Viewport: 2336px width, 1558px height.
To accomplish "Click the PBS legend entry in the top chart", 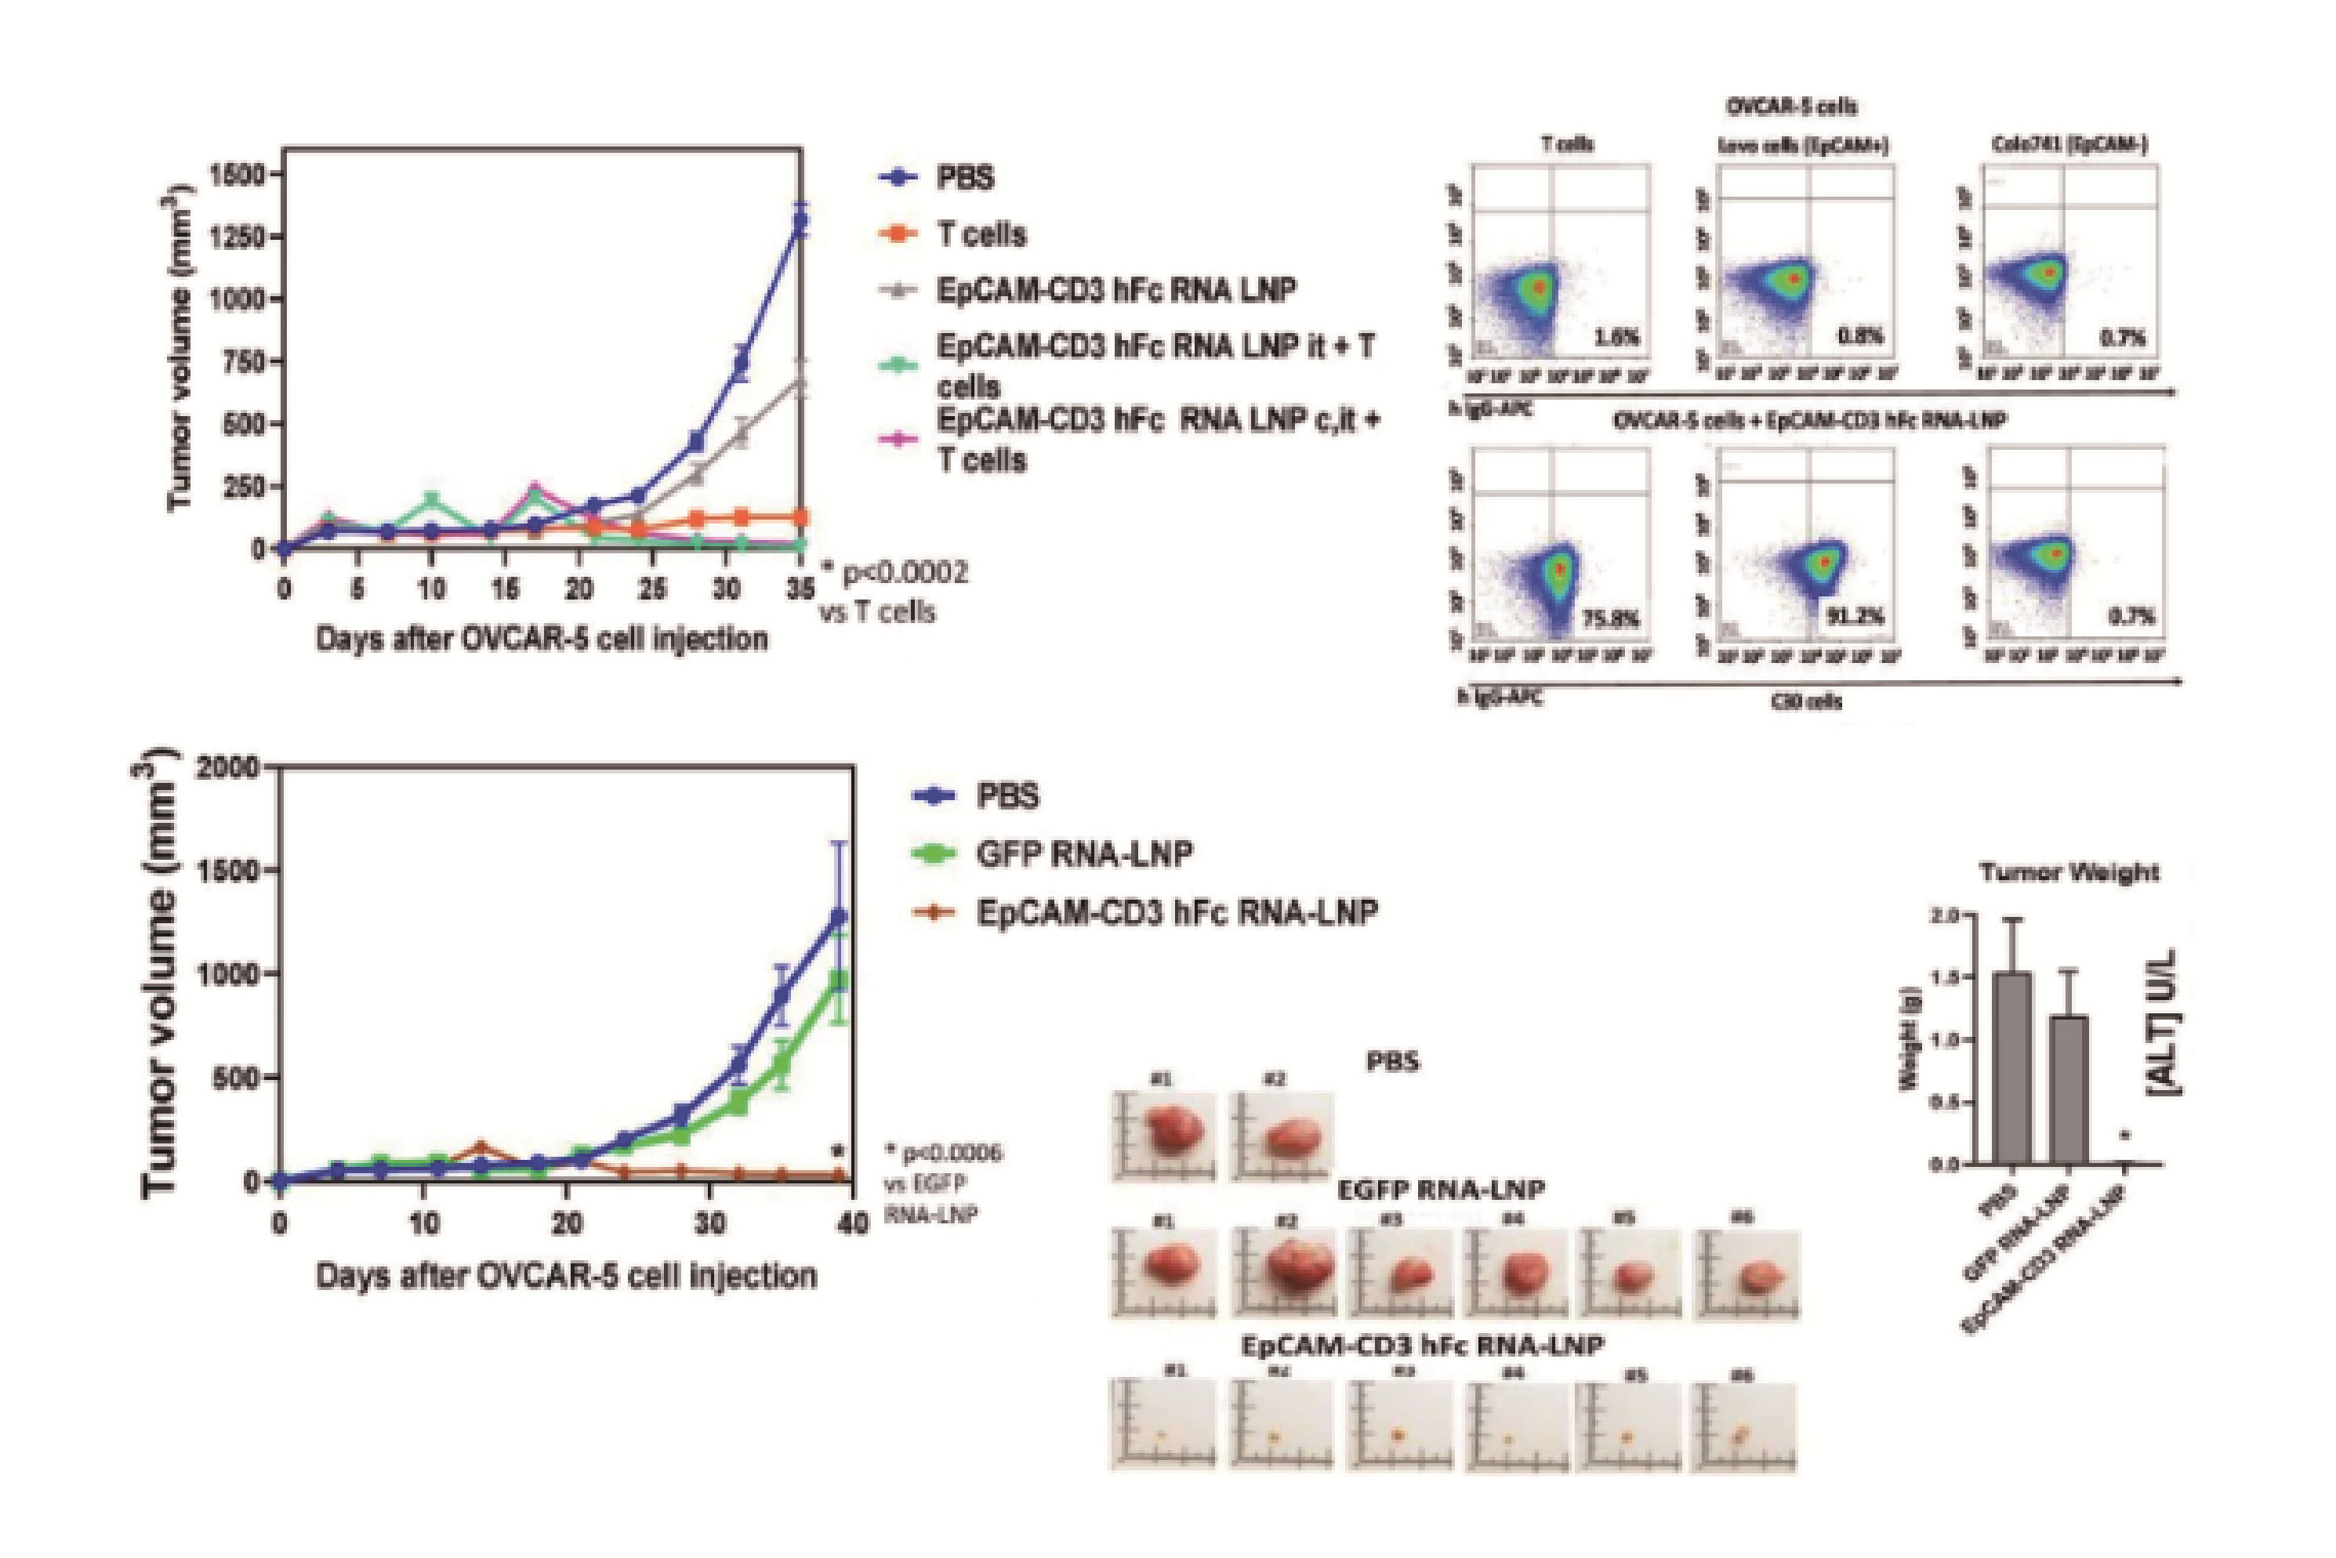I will click(x=965, y=179).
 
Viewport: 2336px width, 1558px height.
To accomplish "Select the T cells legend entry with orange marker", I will click(x=981, y=234).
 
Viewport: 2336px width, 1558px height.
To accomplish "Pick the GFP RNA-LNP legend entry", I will click(x=1083, y=853).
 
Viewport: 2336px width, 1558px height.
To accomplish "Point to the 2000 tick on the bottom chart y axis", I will click(x=230, y=768).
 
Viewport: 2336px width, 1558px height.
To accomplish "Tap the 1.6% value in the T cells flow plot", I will click(x=1615, y=338).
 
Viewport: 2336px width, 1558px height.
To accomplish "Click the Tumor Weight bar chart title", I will click(x=2069, y=873).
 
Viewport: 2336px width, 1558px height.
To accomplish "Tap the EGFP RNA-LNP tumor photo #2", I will click(x=1284, y=1273).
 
